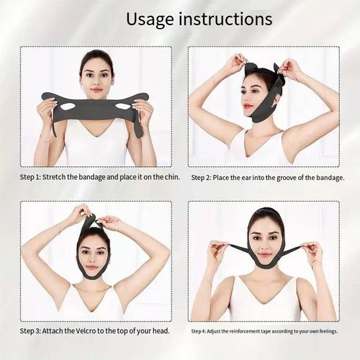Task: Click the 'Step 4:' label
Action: click(202, 331)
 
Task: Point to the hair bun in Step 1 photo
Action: click(97, 55)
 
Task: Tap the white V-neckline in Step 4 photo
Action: click(264, 292)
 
